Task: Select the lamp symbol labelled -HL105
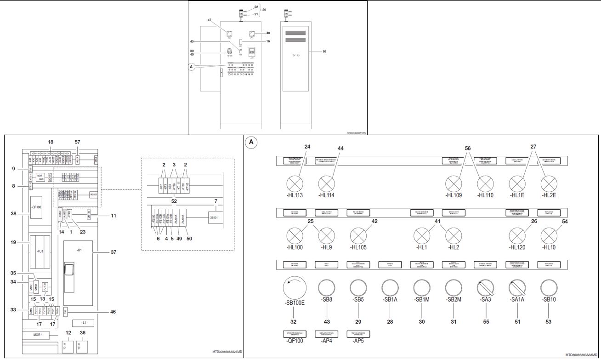(x=358, y=236)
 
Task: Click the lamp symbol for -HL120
(x=517, y=236)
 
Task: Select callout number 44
(x=340, y=149)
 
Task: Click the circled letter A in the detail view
(x=251, y=142)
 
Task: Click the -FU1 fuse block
(x=40, y=252)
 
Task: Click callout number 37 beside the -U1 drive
(x=113, y=251)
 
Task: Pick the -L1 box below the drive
(x=79, y=323)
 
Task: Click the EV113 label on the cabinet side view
(x=296, y=55)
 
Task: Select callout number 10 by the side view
(x=324, y=51)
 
